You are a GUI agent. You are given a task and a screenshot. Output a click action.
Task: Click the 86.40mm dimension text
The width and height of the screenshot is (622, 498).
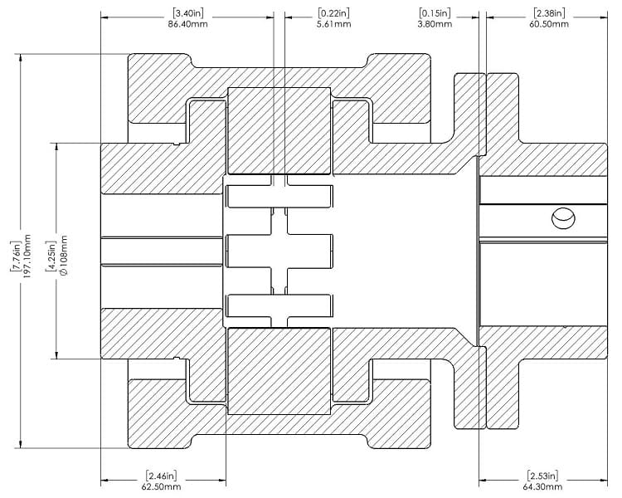pos(187,25)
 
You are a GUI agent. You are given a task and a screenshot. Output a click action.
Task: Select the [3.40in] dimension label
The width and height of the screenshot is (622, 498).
pos(187,13)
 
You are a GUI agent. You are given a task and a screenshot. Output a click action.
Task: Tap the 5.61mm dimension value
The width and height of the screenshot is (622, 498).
pos(333,25)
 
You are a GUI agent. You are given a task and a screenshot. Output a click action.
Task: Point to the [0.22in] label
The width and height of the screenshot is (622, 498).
pos(333,13)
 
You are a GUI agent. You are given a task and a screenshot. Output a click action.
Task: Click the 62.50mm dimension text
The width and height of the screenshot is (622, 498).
pos(161,487)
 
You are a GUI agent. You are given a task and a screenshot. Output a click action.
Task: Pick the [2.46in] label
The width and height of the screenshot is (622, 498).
pos(161,476)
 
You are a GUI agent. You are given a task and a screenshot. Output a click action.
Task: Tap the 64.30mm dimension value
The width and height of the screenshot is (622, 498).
pos(542,487)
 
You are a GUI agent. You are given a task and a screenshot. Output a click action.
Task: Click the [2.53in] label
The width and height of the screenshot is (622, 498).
pos(542,476)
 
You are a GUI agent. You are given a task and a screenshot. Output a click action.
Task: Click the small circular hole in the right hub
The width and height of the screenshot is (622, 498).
pos(561,218)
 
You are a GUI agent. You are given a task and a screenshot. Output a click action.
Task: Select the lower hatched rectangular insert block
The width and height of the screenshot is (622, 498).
pos(279,370)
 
